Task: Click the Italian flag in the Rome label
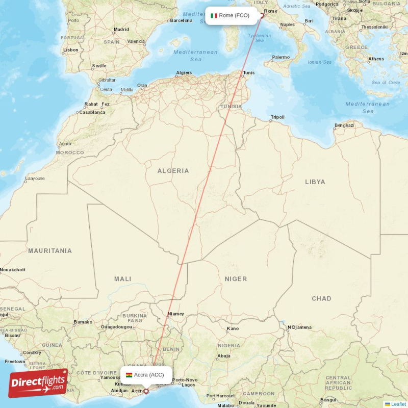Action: point(214,15)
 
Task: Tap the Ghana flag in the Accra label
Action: point(129,375)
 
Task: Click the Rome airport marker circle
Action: point(262,15)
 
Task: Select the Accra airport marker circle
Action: point(146,392)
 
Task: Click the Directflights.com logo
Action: point(38,383)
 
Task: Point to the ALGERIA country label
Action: point(173,171)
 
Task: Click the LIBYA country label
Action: point(315,182)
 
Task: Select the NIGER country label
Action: point(236,279)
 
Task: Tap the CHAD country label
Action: point(321,298)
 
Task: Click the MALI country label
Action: point(122,279)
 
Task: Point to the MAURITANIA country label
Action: point(50,251)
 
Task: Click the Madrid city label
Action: point(121,30)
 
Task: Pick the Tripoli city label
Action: point(277,117)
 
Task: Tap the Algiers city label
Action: point(184,73)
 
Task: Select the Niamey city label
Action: point(176,314)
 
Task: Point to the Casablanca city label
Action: point(92,112)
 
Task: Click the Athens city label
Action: point(376,59)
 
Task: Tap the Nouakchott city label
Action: point(13,269)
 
